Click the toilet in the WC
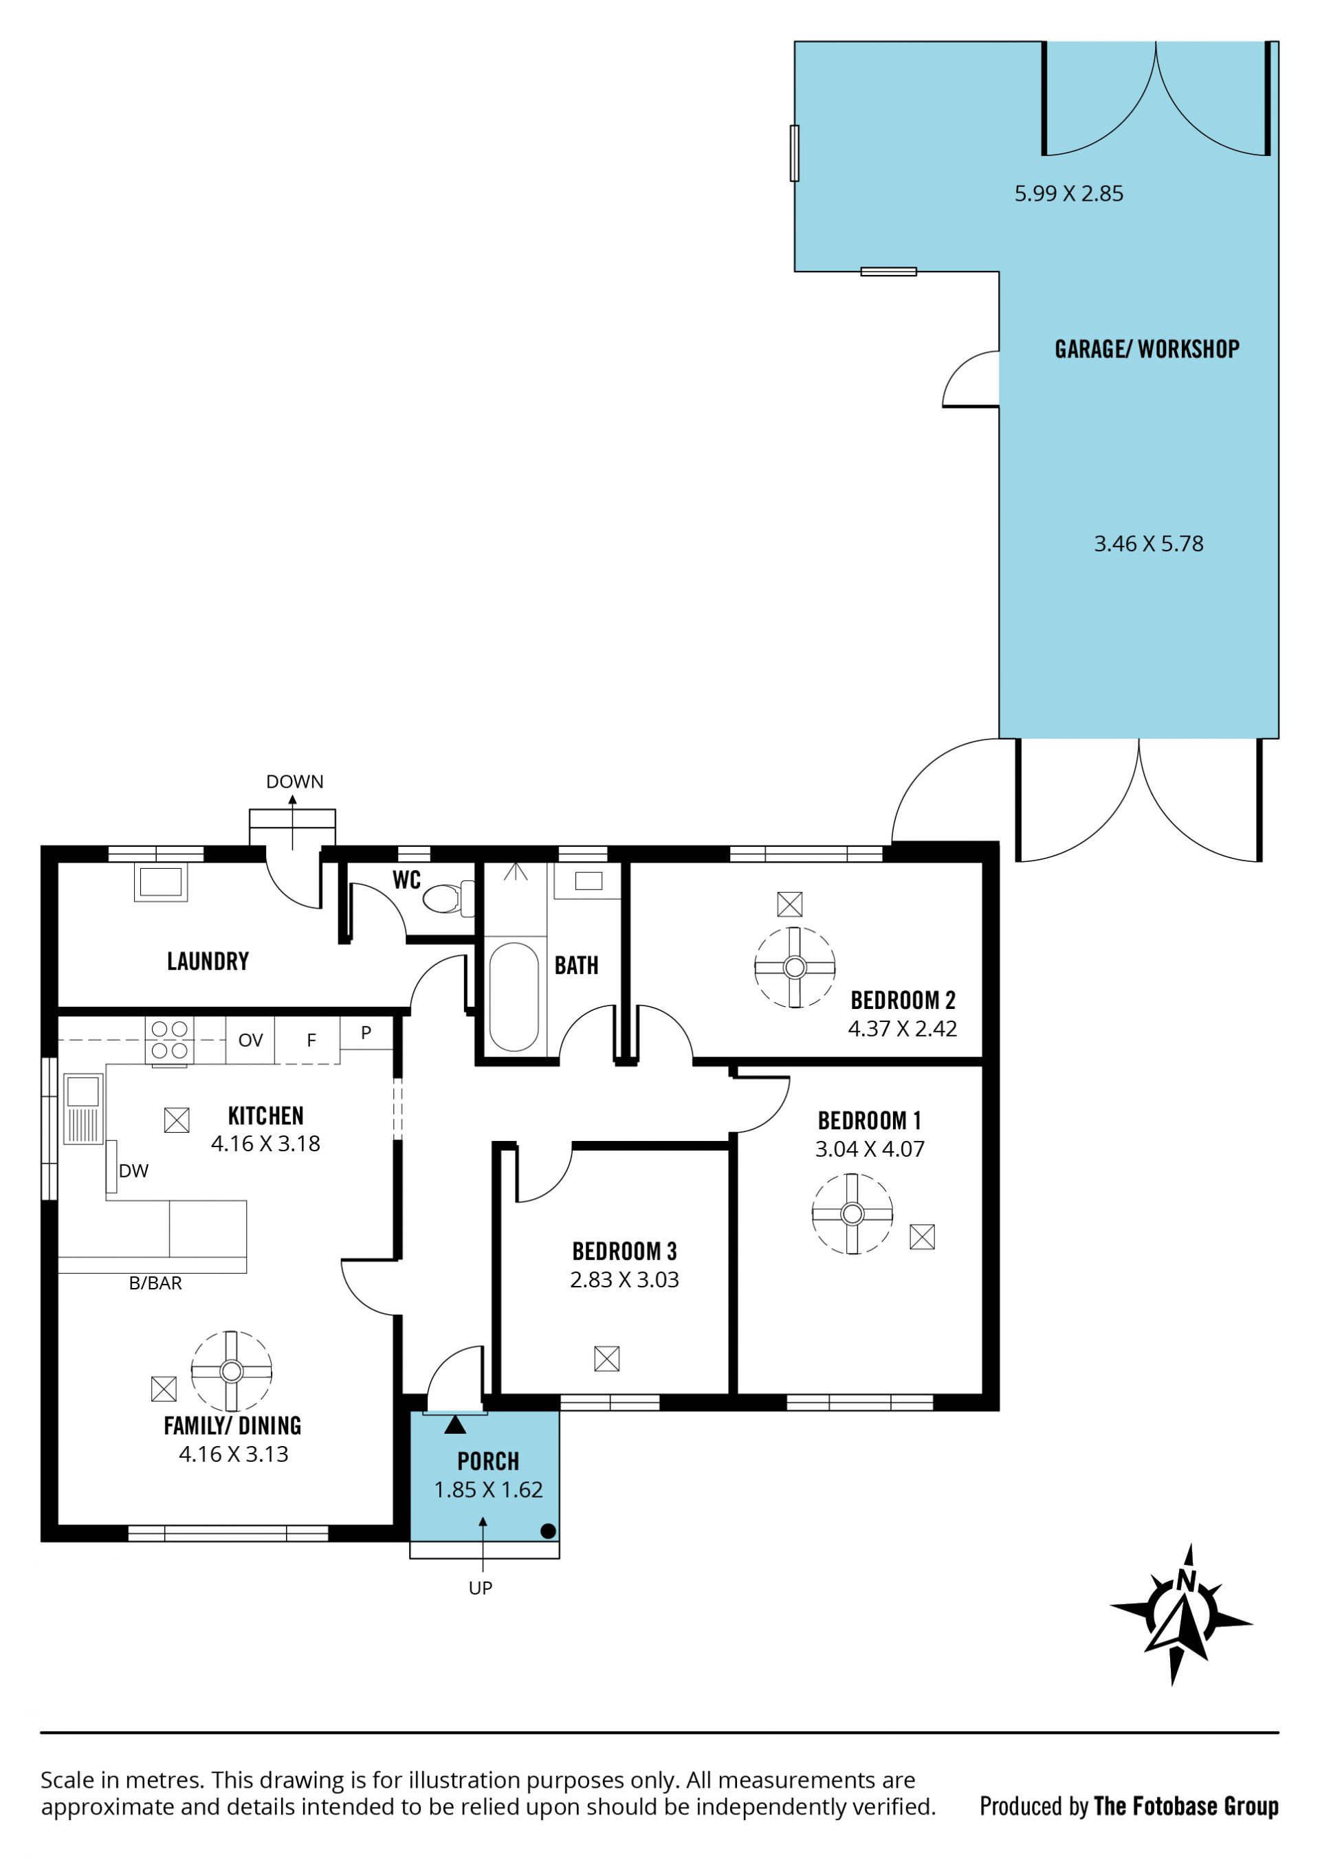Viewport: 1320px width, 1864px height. click(448, 899)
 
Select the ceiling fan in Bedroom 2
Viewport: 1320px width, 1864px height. click(795, 967)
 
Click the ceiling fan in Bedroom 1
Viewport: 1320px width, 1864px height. click(852, 1214)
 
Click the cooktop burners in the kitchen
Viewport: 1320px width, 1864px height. click(170, 1040)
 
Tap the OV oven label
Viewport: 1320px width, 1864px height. click(250, 1040)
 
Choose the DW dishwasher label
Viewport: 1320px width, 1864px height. click(134, 1171)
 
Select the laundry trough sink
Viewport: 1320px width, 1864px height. click(160, 882)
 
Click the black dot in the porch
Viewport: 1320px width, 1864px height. click(548, 1531)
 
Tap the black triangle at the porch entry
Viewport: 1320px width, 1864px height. click(455, 1424)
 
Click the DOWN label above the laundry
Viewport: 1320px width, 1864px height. click(295, 781)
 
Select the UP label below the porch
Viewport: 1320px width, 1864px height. click(481, 1588)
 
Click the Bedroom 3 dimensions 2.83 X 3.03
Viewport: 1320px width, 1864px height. click(624, 1280)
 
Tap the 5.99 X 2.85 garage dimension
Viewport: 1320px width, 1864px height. click(1069, 193)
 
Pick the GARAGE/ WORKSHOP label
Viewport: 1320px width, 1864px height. click(1147, 349)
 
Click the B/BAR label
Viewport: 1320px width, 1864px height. click(155, 1283)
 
